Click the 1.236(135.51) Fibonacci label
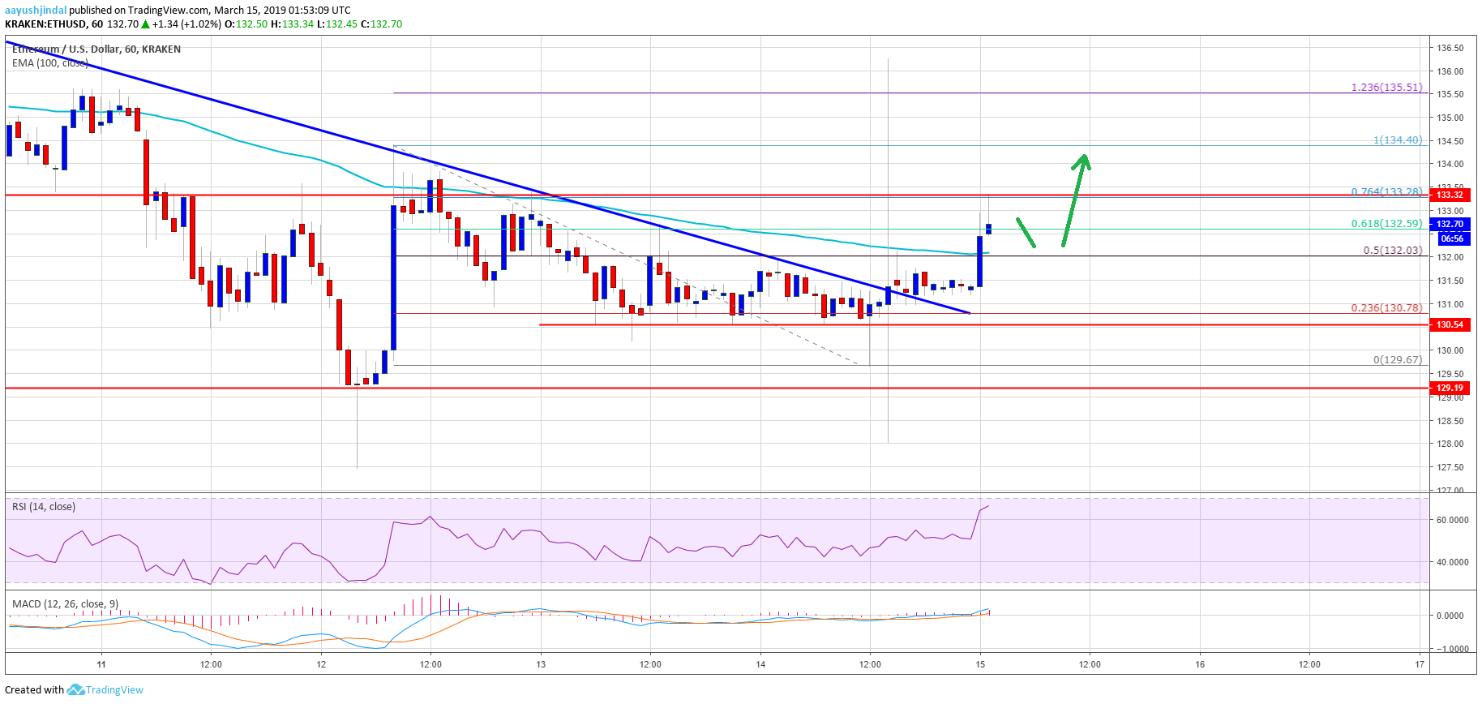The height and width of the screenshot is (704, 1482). coord(1386,88)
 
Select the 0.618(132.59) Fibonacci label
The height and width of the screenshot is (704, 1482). coord(1386,224)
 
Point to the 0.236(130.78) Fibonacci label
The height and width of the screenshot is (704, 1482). coord(1386,308)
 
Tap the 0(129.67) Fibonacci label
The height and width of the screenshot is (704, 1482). coord(1397,360)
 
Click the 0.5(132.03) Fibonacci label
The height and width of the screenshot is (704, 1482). coord(1392,251)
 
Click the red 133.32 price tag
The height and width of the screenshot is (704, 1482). coord(1450,195)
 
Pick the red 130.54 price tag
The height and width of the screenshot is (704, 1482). coord(1450,324)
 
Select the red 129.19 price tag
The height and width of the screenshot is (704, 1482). coord(1450,388)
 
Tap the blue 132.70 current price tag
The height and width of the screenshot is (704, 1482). coord(1450,224)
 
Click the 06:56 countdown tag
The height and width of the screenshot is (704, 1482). coord(1451,238)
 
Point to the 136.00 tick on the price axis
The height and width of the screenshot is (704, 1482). coord(1450,71)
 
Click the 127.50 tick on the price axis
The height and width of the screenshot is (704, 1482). coord(1450,467)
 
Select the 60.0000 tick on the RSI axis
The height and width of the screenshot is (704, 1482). coord(1452,520)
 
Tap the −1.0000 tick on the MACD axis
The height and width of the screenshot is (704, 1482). coord(1451,649)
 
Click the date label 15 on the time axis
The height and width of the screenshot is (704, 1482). coord(980,664)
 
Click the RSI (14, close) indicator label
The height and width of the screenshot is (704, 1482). coord(44,507)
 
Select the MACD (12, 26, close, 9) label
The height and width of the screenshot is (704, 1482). coord(66,604)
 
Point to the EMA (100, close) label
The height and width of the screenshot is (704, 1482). coord(50,63)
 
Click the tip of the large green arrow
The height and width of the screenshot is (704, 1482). coord(1084,155)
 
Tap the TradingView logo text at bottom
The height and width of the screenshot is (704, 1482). coord(114,690)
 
